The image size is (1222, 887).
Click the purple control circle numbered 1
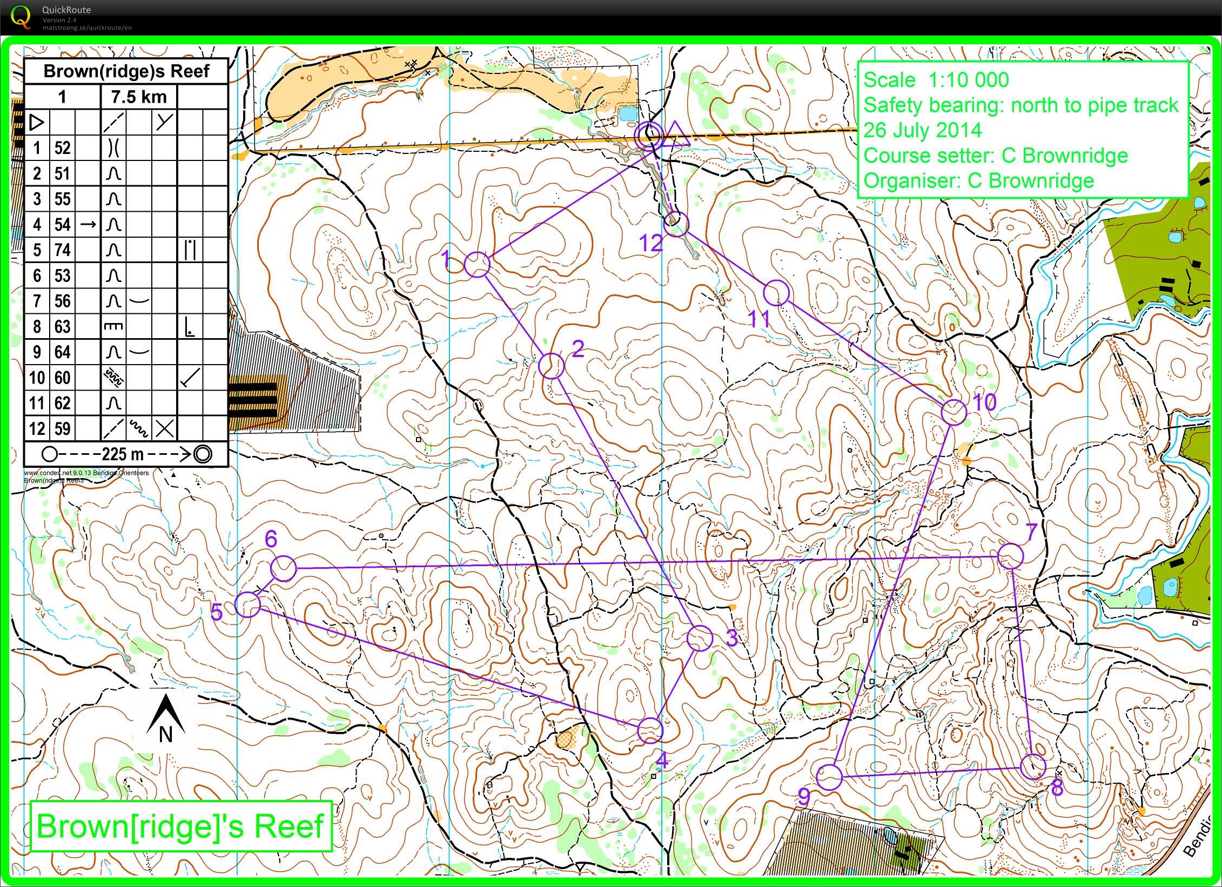(x=477, y=265)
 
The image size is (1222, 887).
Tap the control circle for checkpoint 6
(x=283, y=568)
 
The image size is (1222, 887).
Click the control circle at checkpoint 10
(x=954, y=413)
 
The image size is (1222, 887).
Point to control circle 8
(x=1033, y=766)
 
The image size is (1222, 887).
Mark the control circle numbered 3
(x=700, y=639)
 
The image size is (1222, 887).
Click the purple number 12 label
(x=650, y=244)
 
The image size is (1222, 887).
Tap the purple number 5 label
(x=217, y=612)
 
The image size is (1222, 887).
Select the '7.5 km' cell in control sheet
(x=139, y=97)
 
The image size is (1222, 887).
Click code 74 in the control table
(x=62, y=250)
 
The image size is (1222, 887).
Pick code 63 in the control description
(x=62, y=327)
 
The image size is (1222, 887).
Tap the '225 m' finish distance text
(x=123, y=454)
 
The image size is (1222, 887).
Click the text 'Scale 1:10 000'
(x=936, y=80)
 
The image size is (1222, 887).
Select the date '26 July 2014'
(x=922, y=130)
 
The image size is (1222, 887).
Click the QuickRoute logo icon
(x=21, y=16)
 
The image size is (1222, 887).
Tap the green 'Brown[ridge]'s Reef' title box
(x=180, y=826)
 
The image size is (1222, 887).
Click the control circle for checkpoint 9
(x=829, y=777)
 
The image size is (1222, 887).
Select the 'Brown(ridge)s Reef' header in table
(x=126, y=71)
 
